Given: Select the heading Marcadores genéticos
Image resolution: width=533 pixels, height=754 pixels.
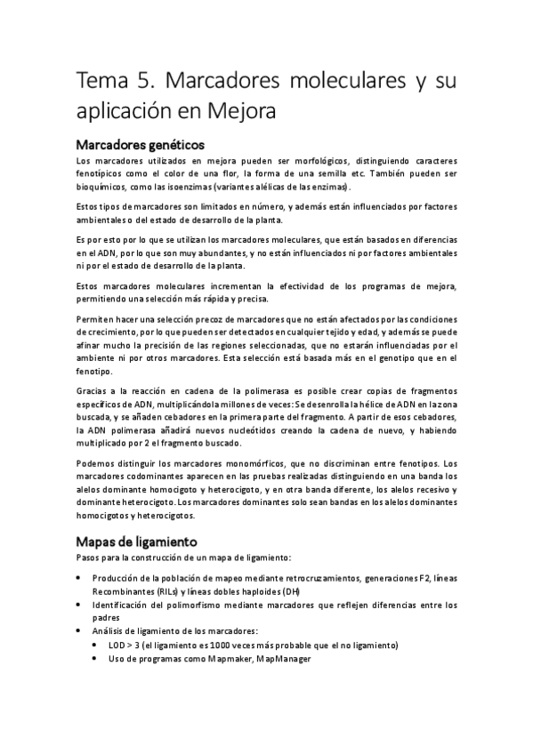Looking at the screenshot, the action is pos(141,143).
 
